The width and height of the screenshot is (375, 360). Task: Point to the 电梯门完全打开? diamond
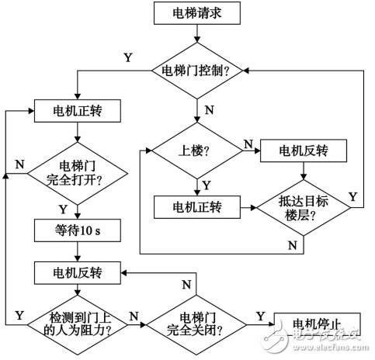[x=75, y=173]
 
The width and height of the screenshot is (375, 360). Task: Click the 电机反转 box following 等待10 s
[x=75, y=272]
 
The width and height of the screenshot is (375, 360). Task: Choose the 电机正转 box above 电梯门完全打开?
[x=75, y=110]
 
